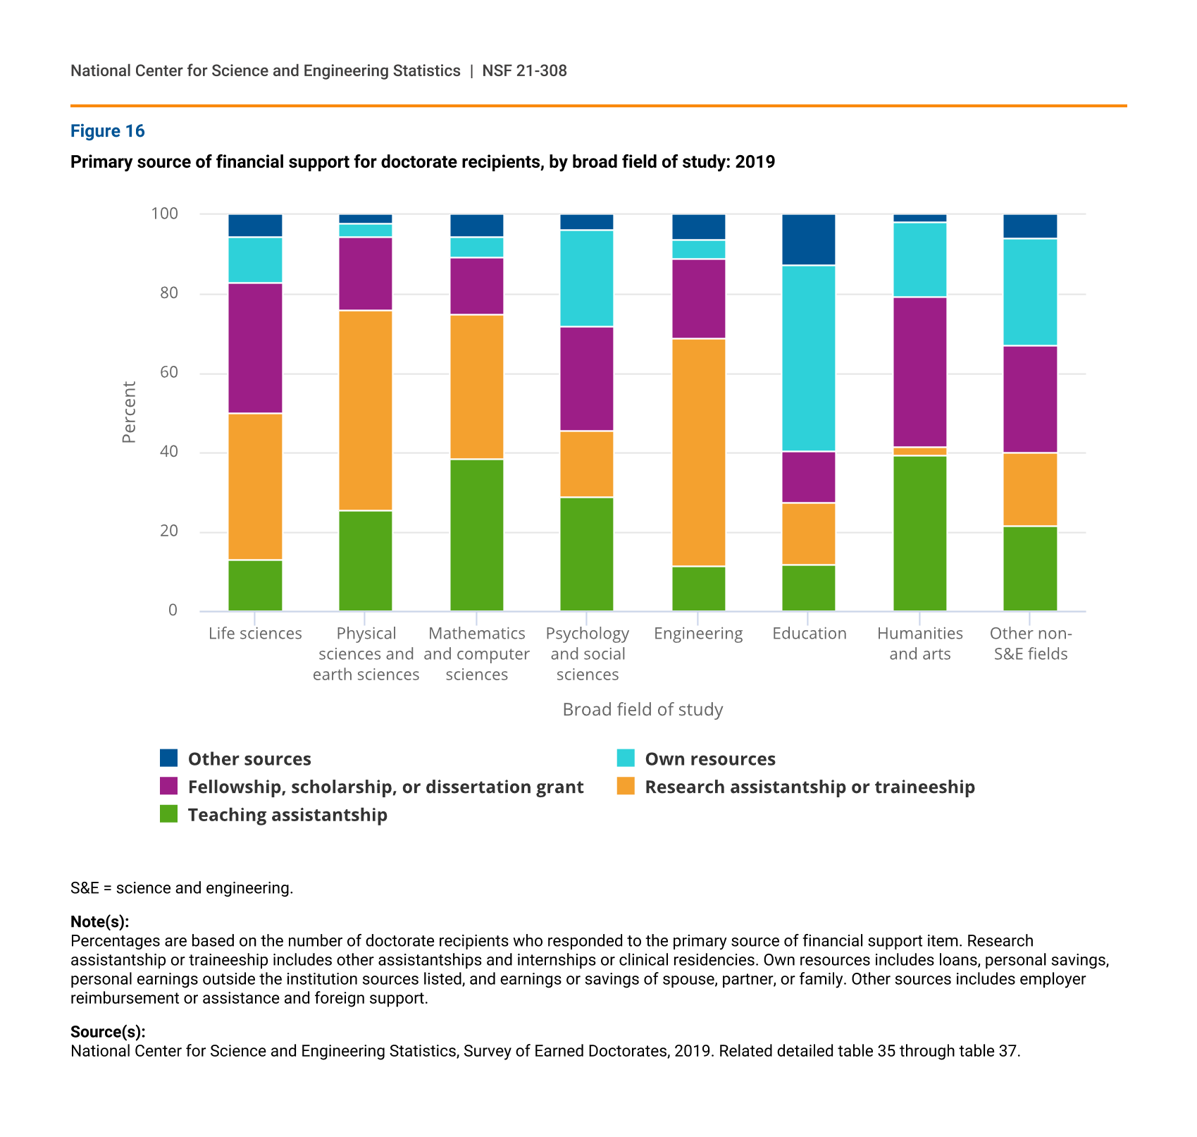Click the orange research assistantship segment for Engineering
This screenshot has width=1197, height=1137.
point(698,453)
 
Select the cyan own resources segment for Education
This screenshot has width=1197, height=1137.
point(809,358)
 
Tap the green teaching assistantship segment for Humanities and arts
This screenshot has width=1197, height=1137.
point(919,533)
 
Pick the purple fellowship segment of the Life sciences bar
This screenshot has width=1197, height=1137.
point(255,348)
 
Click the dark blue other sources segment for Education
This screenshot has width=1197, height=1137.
point(809,240)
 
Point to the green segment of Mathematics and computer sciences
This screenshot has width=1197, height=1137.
point(477,535)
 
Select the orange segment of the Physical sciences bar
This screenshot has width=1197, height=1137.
point(366,410)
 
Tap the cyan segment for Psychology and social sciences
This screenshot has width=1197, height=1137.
point(587,278)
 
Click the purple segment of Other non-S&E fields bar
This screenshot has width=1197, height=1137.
point(1030,399)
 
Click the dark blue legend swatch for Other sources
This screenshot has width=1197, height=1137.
point(169,758)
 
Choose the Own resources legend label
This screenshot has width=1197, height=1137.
point(709,759)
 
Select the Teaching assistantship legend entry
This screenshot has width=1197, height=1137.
point(287,815)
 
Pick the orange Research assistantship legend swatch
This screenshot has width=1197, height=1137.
point(626,787)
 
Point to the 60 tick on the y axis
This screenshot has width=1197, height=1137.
point(169,372)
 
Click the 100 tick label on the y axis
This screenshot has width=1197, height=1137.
point(165,214)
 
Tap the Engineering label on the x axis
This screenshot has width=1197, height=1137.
point(698,634)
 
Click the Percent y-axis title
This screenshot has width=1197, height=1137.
point(129,412)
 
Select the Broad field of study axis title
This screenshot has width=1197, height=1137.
point(643,710)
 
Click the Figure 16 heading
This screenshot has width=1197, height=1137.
point(108,131)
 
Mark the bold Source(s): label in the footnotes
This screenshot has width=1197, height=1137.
point(108,1032)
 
